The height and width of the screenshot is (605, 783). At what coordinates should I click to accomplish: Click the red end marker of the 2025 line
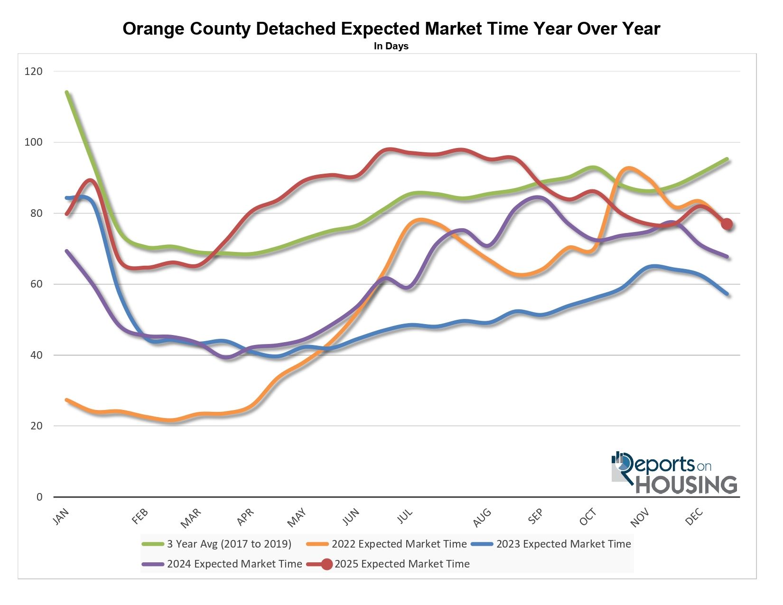coord(727,224)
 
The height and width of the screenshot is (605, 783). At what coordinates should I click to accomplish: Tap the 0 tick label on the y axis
coord(39,497)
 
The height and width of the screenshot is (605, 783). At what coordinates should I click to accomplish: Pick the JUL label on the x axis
coord(405,516)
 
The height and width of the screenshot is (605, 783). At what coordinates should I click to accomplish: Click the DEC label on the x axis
coord(694,516)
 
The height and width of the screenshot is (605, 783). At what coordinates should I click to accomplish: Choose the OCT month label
coord(587,516)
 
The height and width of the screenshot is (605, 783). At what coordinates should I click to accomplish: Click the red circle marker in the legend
coord(326,564)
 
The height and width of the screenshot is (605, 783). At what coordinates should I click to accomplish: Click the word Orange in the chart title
coord(154,29)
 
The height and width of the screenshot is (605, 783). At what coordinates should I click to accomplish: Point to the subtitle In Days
coord(391,46)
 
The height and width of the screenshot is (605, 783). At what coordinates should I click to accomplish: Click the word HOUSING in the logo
coord(686,484)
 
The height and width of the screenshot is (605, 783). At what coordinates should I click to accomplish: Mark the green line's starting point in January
coord(67,92)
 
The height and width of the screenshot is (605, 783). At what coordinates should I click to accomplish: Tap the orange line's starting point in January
coord(67,400)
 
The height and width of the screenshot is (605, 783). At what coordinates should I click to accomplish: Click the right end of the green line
coord(727,159)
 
